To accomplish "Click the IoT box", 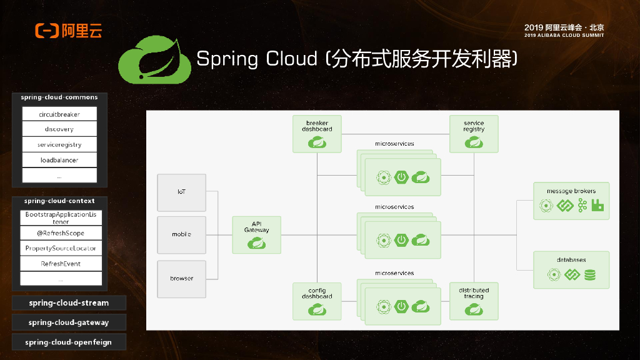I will [181, 192].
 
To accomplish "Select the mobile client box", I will [181, 235].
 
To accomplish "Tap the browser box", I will [181, 278].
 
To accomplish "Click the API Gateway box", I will [256, 235].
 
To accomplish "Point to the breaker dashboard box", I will [317, 134].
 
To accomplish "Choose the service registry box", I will [474, 134].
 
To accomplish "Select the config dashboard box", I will [317, 301].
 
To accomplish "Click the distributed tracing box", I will [474, 301].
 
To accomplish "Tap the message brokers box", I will [571, 201].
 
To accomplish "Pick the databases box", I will [571, 269].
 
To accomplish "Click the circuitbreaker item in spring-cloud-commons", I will [59, 114].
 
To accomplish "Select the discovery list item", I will [59, 129].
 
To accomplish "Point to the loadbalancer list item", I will [59, 160].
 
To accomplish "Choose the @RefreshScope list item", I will [61, 233].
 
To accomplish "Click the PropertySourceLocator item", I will [61, 248].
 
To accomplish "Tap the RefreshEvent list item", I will [61, 264].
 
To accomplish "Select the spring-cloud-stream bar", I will [69, 303].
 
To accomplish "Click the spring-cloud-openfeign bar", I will [69, 342].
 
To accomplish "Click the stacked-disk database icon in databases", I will [590, 274].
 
